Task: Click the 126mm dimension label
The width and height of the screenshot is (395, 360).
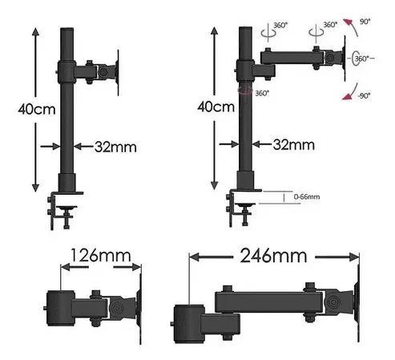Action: click(101, 256)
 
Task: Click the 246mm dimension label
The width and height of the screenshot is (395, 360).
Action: click(273, 256)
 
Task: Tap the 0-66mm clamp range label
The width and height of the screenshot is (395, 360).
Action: click(307, 196)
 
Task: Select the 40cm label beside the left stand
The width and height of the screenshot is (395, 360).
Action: click(37, 109)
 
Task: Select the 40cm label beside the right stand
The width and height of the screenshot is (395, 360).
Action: click(216, 107)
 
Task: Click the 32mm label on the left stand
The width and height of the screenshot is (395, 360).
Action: click(115, 147)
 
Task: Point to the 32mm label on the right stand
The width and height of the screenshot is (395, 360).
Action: click(294, 144)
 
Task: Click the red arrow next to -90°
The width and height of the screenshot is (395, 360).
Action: click(349, 92)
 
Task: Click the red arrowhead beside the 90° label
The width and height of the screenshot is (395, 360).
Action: click(348, 22)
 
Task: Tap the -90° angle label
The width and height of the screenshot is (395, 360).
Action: click(365, 95)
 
